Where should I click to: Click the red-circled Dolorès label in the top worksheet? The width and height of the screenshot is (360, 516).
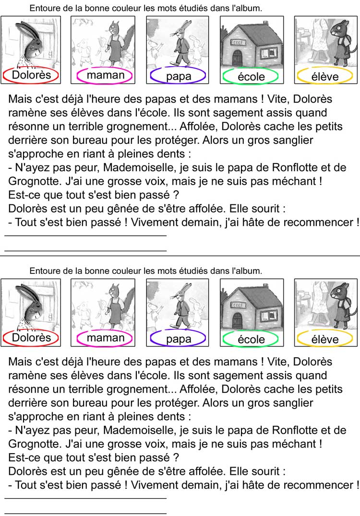[31, 75]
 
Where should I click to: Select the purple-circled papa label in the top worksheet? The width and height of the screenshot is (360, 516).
[179, 76]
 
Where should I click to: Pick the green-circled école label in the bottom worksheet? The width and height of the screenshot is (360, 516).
[252, 339]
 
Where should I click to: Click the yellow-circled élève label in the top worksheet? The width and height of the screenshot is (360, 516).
[325, 77]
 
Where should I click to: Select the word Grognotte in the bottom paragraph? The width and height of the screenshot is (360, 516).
[35, 444]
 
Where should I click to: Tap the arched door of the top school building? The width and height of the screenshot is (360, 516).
[237, 58]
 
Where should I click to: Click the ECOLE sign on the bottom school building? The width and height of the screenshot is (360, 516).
[237, 305]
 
